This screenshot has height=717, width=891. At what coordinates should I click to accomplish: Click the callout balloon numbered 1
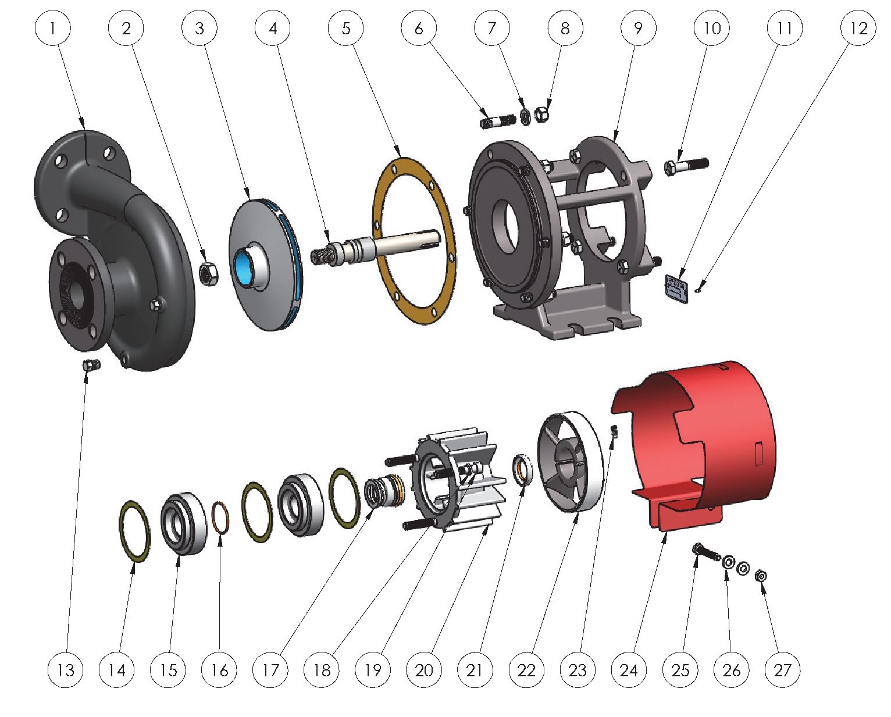(52, 28)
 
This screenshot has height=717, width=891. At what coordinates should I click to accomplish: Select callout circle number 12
(858, 28)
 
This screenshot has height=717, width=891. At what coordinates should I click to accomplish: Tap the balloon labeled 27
(782, 670)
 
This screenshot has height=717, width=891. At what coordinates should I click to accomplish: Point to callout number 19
(373, 670)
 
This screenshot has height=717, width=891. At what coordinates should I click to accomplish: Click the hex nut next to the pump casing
(208, 274)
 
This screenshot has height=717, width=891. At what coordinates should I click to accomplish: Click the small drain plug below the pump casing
(91, 364)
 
